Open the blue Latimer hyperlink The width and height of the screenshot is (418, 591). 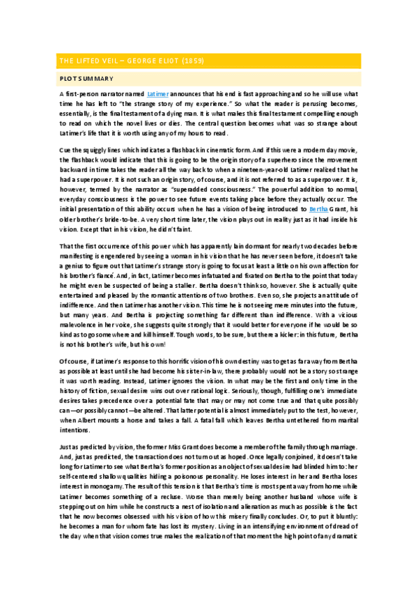(x=159, y=93)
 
